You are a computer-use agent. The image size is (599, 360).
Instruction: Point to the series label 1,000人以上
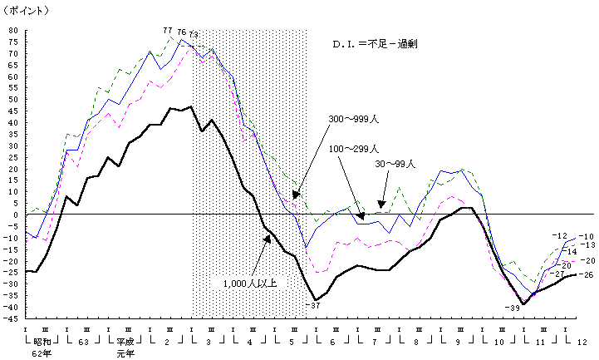pos(255,283)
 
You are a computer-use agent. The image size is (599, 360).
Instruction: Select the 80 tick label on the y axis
pos(13,31)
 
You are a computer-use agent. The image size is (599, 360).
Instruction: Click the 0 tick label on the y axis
pos(16,215)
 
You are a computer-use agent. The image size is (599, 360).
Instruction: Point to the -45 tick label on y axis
pos(12,318)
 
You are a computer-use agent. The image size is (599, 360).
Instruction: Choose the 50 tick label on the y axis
pos(13,100)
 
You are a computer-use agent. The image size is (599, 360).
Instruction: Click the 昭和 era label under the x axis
pos(45,341)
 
